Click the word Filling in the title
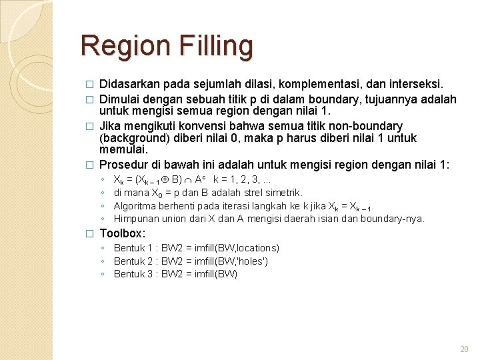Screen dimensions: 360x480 coord(216,46)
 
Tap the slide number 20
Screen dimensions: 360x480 coord(465,349)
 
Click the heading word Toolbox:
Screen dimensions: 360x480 coord(122,233)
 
